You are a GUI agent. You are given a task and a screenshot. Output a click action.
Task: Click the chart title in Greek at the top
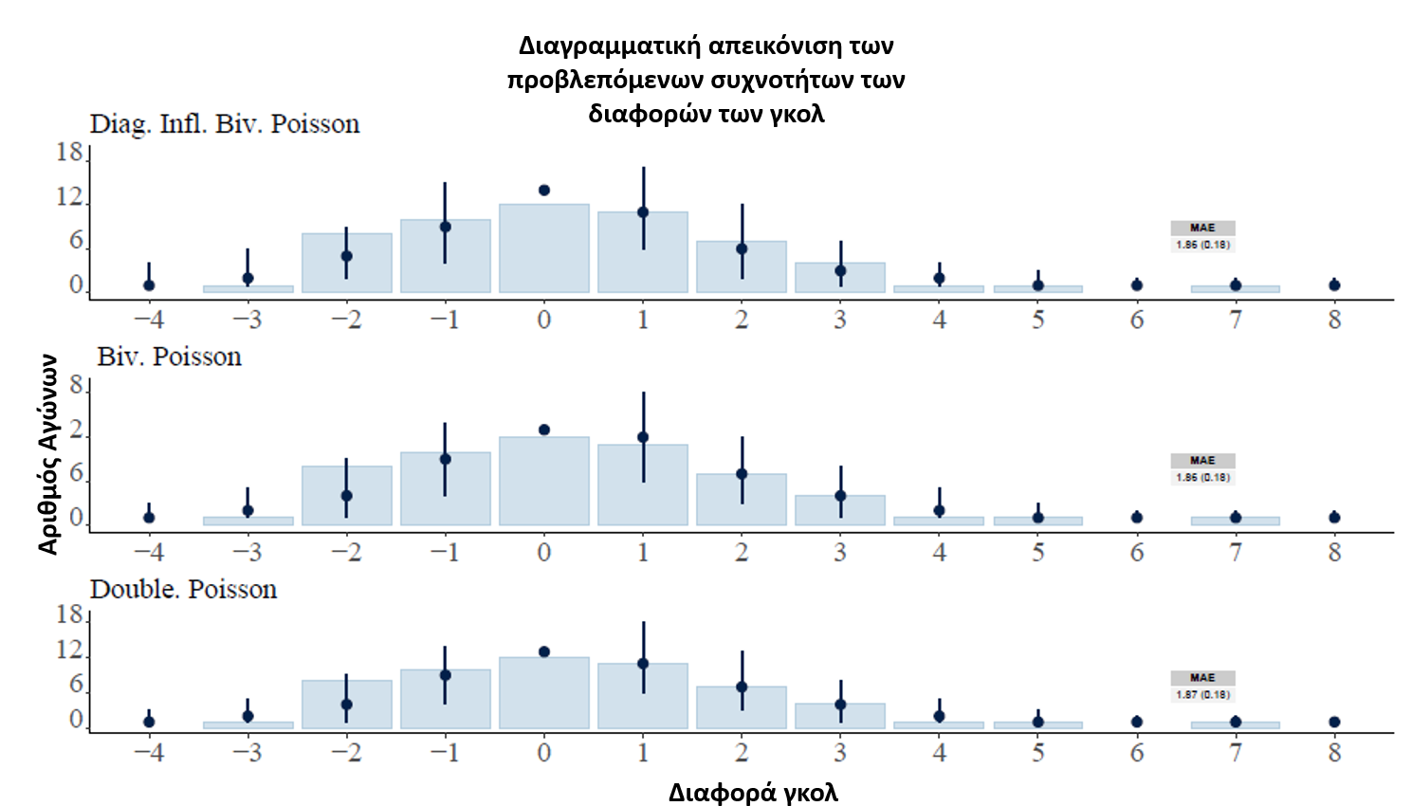pyautogui.click(x=706, y=80)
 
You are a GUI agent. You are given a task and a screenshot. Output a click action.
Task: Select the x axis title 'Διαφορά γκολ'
pyautogui.click(x=753, y=793)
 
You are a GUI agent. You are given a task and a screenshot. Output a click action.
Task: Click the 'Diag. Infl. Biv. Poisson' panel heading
pyautogui.click(x=225, y=124)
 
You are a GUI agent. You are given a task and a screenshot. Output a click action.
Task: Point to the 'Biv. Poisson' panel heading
pyautogui.click(x=169, y=357)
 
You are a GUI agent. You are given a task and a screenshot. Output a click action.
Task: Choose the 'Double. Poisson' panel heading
pyautogui.click(x=183, y=589)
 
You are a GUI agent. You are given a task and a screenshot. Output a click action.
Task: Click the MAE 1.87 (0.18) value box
pyautogui.click(x=1202, y=694)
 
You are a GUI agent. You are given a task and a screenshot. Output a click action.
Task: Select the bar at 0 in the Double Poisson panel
pyautogui.click(x=544, y=693)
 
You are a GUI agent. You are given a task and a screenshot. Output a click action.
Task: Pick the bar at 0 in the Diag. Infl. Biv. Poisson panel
pyautogui.click(x=544, y=248)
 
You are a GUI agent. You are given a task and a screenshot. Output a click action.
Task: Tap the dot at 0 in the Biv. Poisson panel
pyautogui.click(x=544, y=430)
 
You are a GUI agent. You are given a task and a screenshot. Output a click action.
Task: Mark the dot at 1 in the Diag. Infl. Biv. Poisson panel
pyautogui.click(x=643, y=212)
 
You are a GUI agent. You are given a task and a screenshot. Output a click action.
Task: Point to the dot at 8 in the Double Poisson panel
pyautogui.click(x=1334, y=722)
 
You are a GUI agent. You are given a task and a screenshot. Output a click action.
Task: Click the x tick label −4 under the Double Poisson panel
pyautogui.click(x=149, y=753)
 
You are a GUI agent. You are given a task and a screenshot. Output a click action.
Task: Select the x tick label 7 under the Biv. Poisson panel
pyautogui.click(x=1236, y=552)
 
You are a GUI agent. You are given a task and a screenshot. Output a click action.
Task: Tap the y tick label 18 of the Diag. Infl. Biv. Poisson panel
pyautogui.click(x=69, y=152)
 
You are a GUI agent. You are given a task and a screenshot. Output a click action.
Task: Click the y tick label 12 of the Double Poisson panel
pyautogui.click(x=69, y=650)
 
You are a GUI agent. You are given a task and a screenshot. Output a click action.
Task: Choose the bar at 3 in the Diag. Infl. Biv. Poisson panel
pyautogui.click(x=840, y=278)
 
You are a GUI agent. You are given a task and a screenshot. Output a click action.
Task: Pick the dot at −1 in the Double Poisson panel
pyautogui.click(x=446, y=675)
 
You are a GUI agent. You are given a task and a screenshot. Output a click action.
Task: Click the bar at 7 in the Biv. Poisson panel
pyautogui.click(x=1236, y=521)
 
